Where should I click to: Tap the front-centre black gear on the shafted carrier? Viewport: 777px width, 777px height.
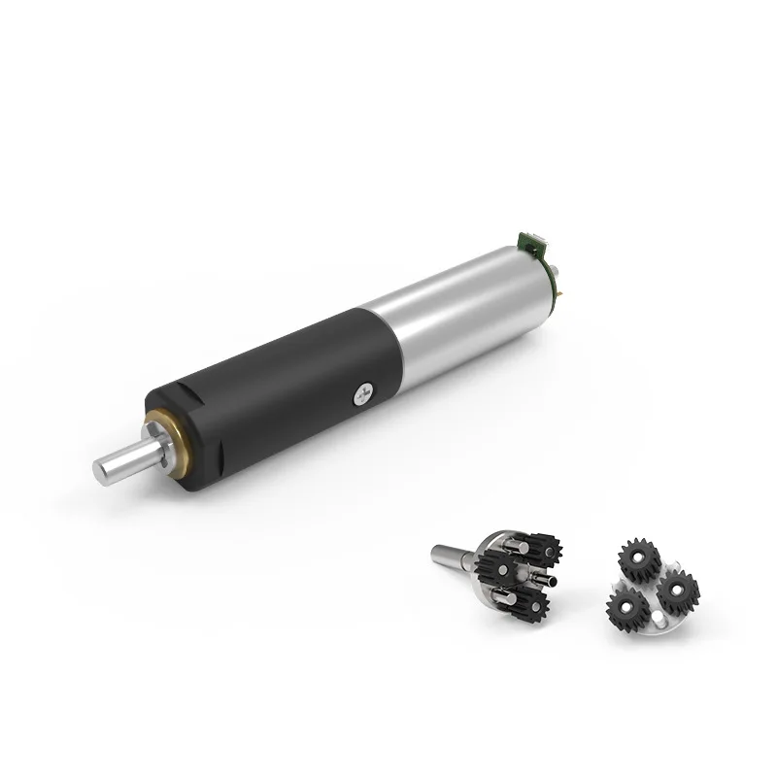(x=506, y=567)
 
